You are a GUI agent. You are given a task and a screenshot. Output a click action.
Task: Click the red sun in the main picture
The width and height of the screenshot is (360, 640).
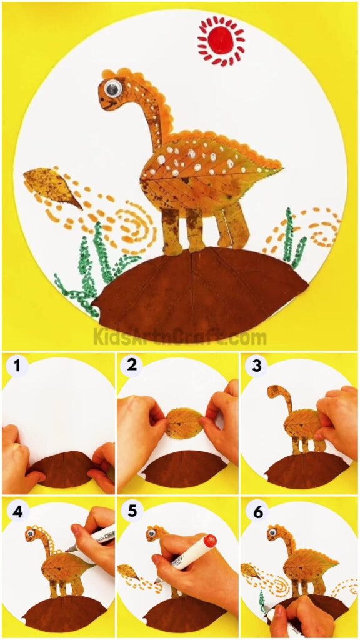coord(221,41)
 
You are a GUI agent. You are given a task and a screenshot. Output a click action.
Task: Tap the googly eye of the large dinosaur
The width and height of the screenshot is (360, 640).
coord(112,89)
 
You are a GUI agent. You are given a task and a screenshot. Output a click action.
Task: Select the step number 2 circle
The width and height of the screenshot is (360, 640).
coord(132,366)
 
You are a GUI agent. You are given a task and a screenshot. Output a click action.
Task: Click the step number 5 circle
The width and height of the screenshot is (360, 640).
coord(132,511)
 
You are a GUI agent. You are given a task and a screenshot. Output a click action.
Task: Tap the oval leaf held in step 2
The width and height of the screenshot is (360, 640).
coord(183,423)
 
